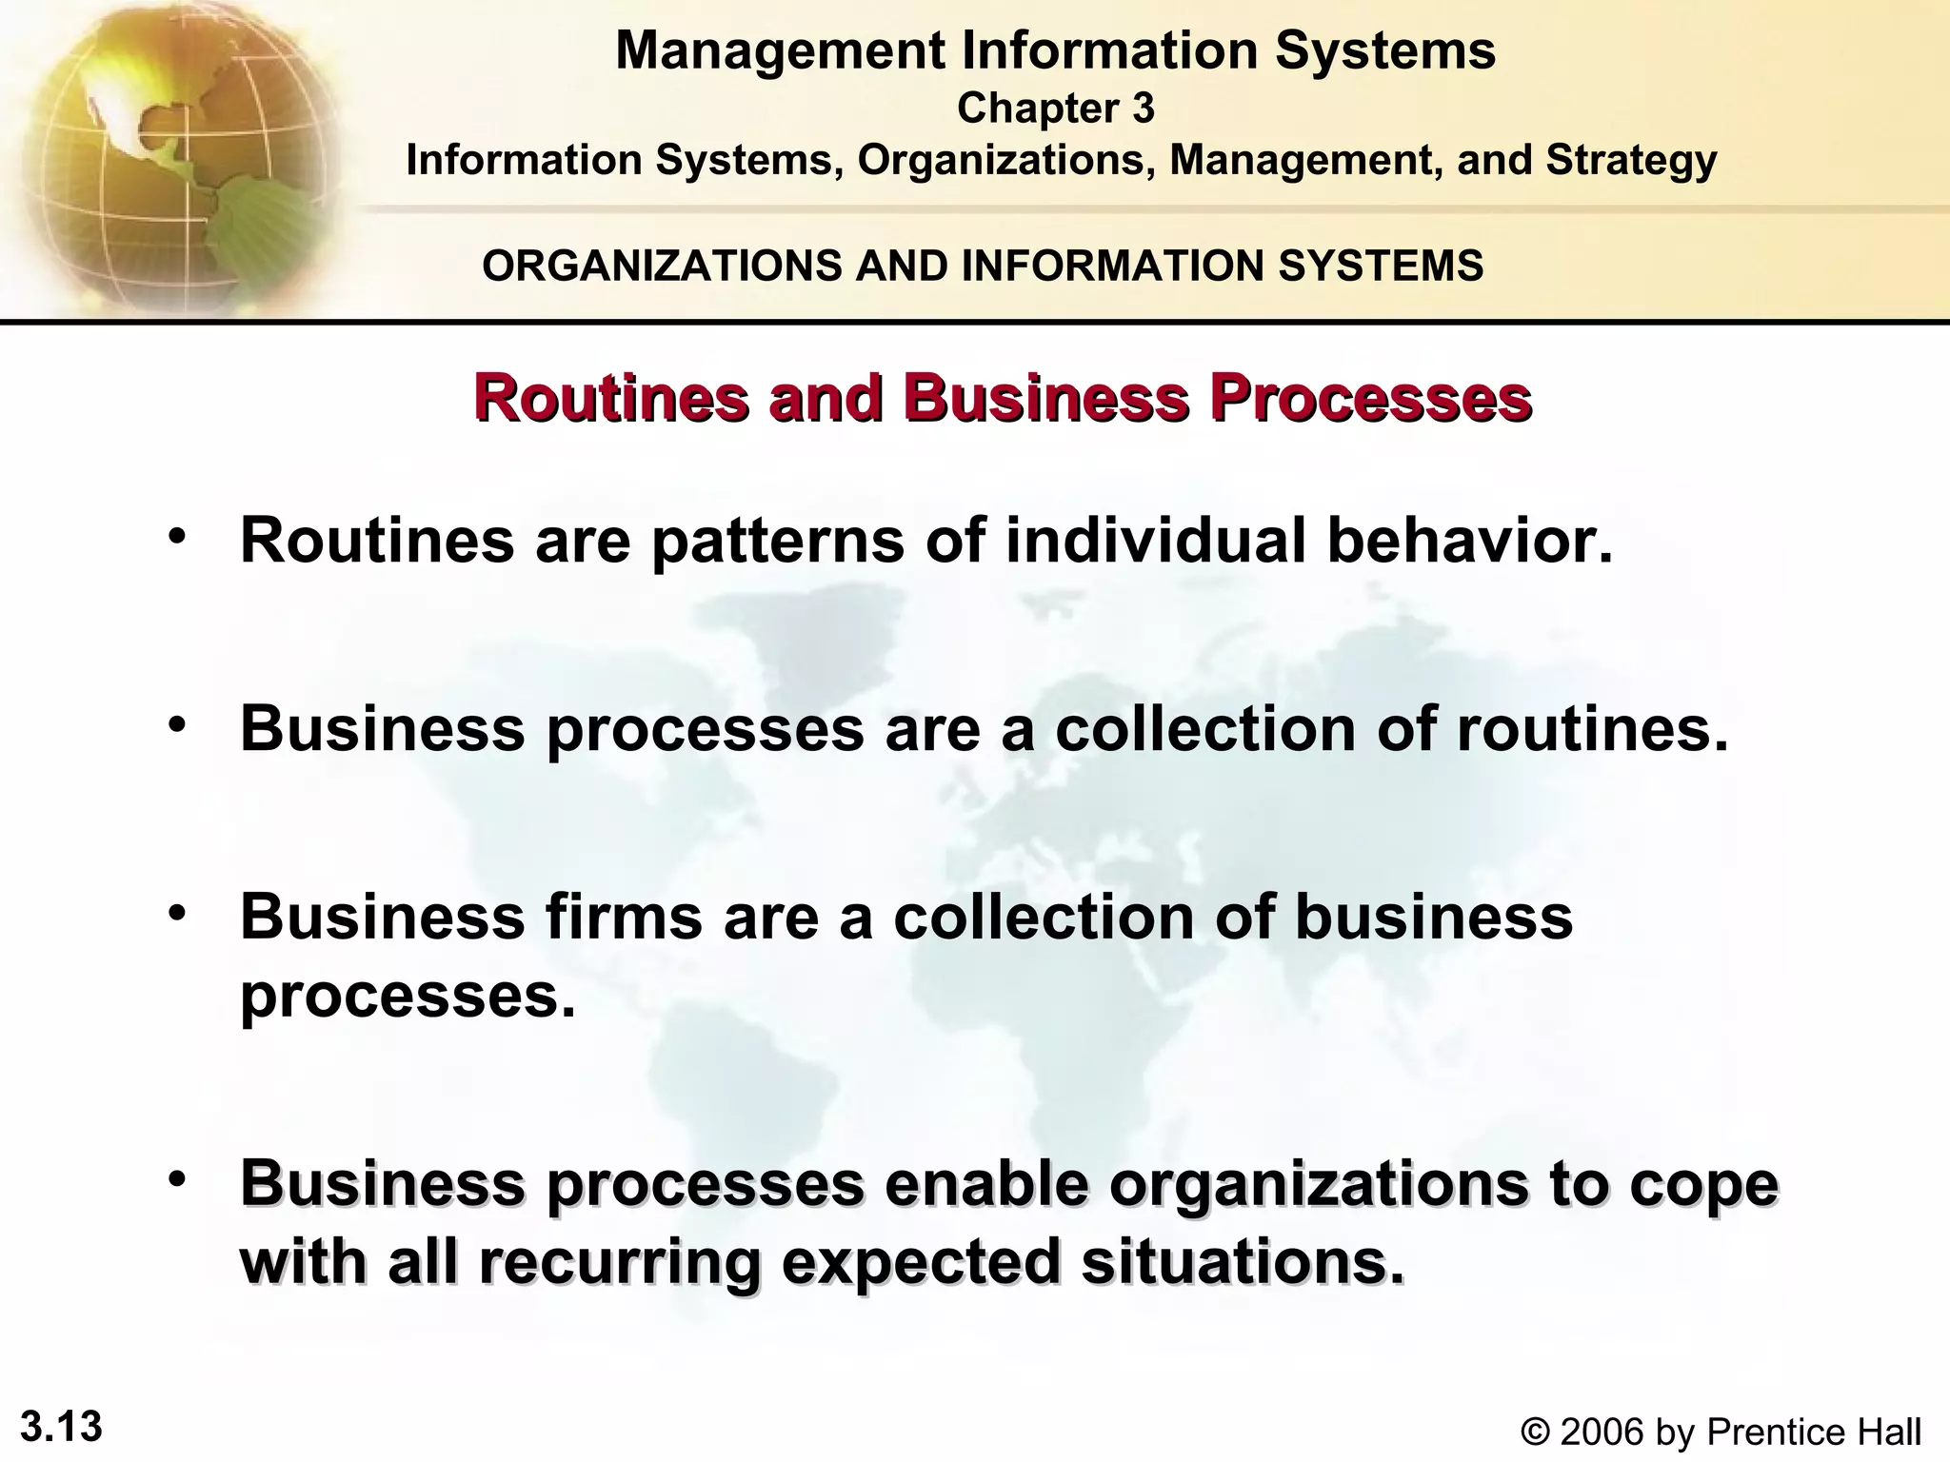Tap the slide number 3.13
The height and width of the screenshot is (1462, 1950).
click(61, 1427)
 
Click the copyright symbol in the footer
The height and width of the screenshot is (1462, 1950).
click(1536, 1432)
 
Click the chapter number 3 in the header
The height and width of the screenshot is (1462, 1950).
click(1143, 109)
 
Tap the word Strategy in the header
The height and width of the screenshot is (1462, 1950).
click(1631, 160)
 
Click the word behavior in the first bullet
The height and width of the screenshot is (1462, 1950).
click(1470, 540)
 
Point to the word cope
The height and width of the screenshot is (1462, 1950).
click(1703, 1183)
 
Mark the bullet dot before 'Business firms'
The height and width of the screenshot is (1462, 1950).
click(175, 914)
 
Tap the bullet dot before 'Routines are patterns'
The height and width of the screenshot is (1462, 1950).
click(175, 537)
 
